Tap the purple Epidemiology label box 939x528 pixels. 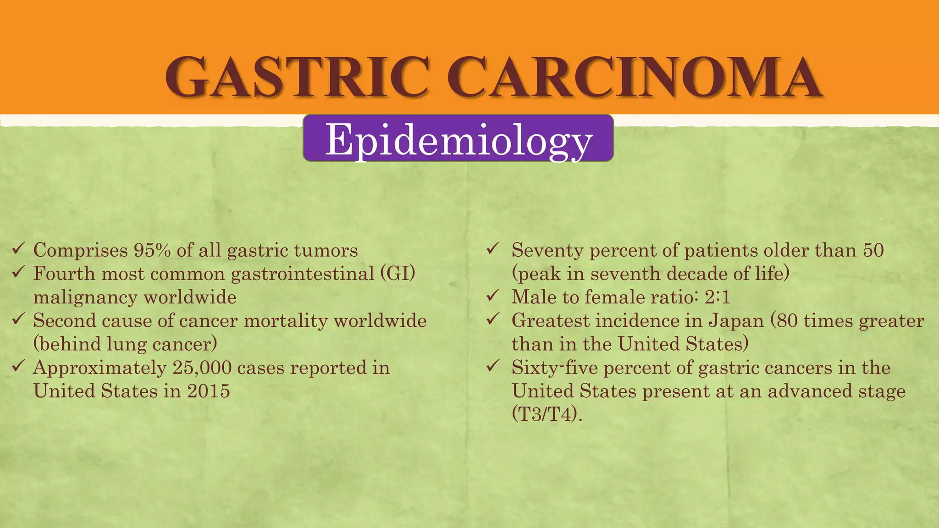(458, 138)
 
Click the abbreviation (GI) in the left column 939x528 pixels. (398, 274)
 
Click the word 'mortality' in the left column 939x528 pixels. (285, 320)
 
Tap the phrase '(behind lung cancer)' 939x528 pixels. (125, 344)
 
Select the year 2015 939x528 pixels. (208, 391)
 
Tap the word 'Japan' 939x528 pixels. (736, 320)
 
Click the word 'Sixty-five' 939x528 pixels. (554, 368)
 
